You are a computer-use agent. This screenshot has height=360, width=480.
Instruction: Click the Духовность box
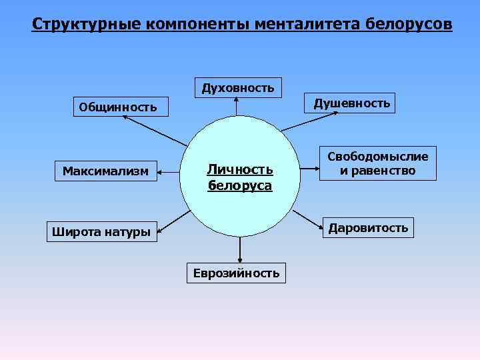pyautogui.click(x=238, y=87)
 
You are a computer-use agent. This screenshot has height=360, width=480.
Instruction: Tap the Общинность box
pyautogui.click(x=118, y=107)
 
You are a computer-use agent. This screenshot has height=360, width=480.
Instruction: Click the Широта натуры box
pyautogui.click(x=102, y=232)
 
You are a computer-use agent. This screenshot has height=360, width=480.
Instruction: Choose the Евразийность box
pyautogui.click(x=237, y=273)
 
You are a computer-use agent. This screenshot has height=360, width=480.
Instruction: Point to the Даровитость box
pyautogui.click(x=367, y=228)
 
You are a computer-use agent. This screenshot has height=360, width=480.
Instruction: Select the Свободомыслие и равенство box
pyautogui.click(x=377, y=163)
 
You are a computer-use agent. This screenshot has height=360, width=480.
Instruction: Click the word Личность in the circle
pyautogui.click(x=239, y=171)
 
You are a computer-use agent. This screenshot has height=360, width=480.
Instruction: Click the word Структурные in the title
pyautogui.click(x=84, y=25)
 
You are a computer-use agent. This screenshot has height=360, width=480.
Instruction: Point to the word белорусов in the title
pyautogui.click(x=409, y=25)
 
